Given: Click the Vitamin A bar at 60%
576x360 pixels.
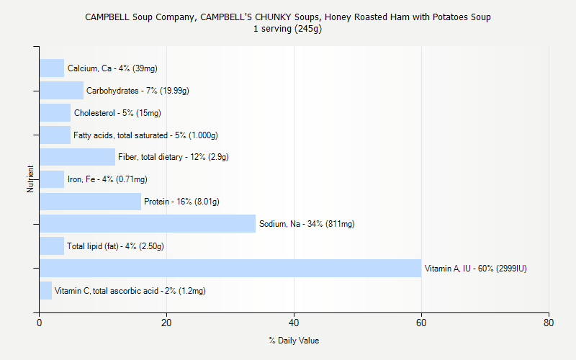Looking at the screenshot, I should [230, 269].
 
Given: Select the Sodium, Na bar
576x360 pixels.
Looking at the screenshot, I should [148, 224].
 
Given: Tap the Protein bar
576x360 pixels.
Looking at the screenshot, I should [90, 202].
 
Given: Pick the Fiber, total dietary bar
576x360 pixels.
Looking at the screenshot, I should [77, 157].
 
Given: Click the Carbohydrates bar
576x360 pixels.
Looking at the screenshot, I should [61, 91].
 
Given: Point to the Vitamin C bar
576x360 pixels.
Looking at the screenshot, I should [45, 291].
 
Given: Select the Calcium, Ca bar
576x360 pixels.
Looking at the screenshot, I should [52, 68].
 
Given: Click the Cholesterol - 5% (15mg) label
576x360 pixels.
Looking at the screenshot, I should [117, 113].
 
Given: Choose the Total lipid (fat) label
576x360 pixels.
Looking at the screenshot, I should [115, 246].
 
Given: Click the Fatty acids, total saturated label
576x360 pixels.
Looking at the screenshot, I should [145, 135].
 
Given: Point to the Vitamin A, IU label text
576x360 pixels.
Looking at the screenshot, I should [476, 269].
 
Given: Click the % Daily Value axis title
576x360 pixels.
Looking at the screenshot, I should [294, 341].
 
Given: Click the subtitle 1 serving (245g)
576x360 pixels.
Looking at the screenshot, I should [288, 29].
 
